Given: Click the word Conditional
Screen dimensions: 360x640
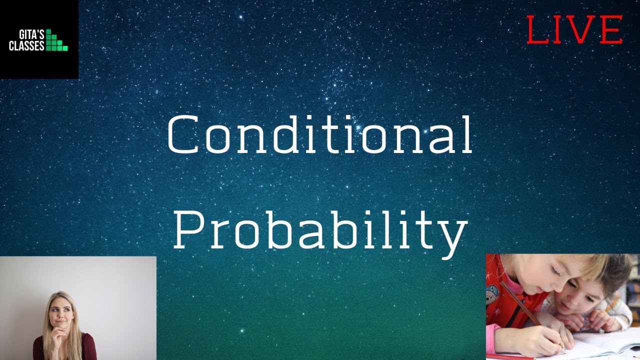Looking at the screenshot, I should point(319,135).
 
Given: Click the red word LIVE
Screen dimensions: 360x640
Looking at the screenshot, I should point(574,29).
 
